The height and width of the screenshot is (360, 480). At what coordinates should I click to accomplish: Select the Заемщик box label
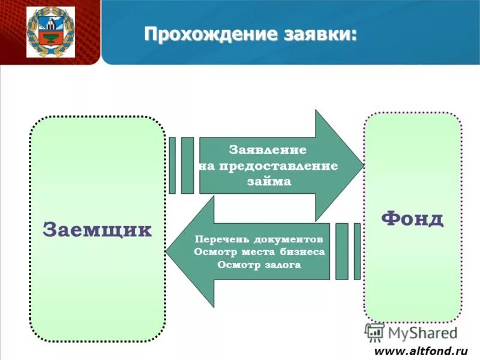(x=97, y=230)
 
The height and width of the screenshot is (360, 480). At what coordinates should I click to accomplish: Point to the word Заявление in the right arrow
(x=268, y=150)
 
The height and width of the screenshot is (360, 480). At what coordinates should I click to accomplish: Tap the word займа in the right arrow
(x=269, y=181)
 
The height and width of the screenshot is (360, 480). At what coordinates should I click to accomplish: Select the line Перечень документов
(x=263, y=238)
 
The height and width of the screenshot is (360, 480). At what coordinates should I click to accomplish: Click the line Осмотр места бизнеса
(x=259, y=252)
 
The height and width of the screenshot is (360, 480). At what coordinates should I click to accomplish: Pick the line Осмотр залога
(x=259, y=265)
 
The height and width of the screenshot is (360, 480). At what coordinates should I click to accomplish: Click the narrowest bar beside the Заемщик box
(x=172, y=166)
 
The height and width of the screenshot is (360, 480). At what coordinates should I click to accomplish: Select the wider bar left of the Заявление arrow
(x=187, y=166)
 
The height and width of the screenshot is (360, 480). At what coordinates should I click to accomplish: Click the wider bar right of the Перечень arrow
(x=341, y=251)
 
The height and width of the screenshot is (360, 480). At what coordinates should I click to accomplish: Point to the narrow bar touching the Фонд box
(x=357, y=251)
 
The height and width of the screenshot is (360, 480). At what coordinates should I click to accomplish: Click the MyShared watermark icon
(x=374, y=332)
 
